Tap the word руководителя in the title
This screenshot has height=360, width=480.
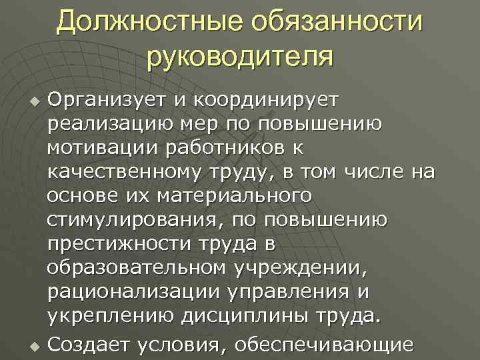(x=239, y=55)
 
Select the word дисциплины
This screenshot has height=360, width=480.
(x=246, y=317)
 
